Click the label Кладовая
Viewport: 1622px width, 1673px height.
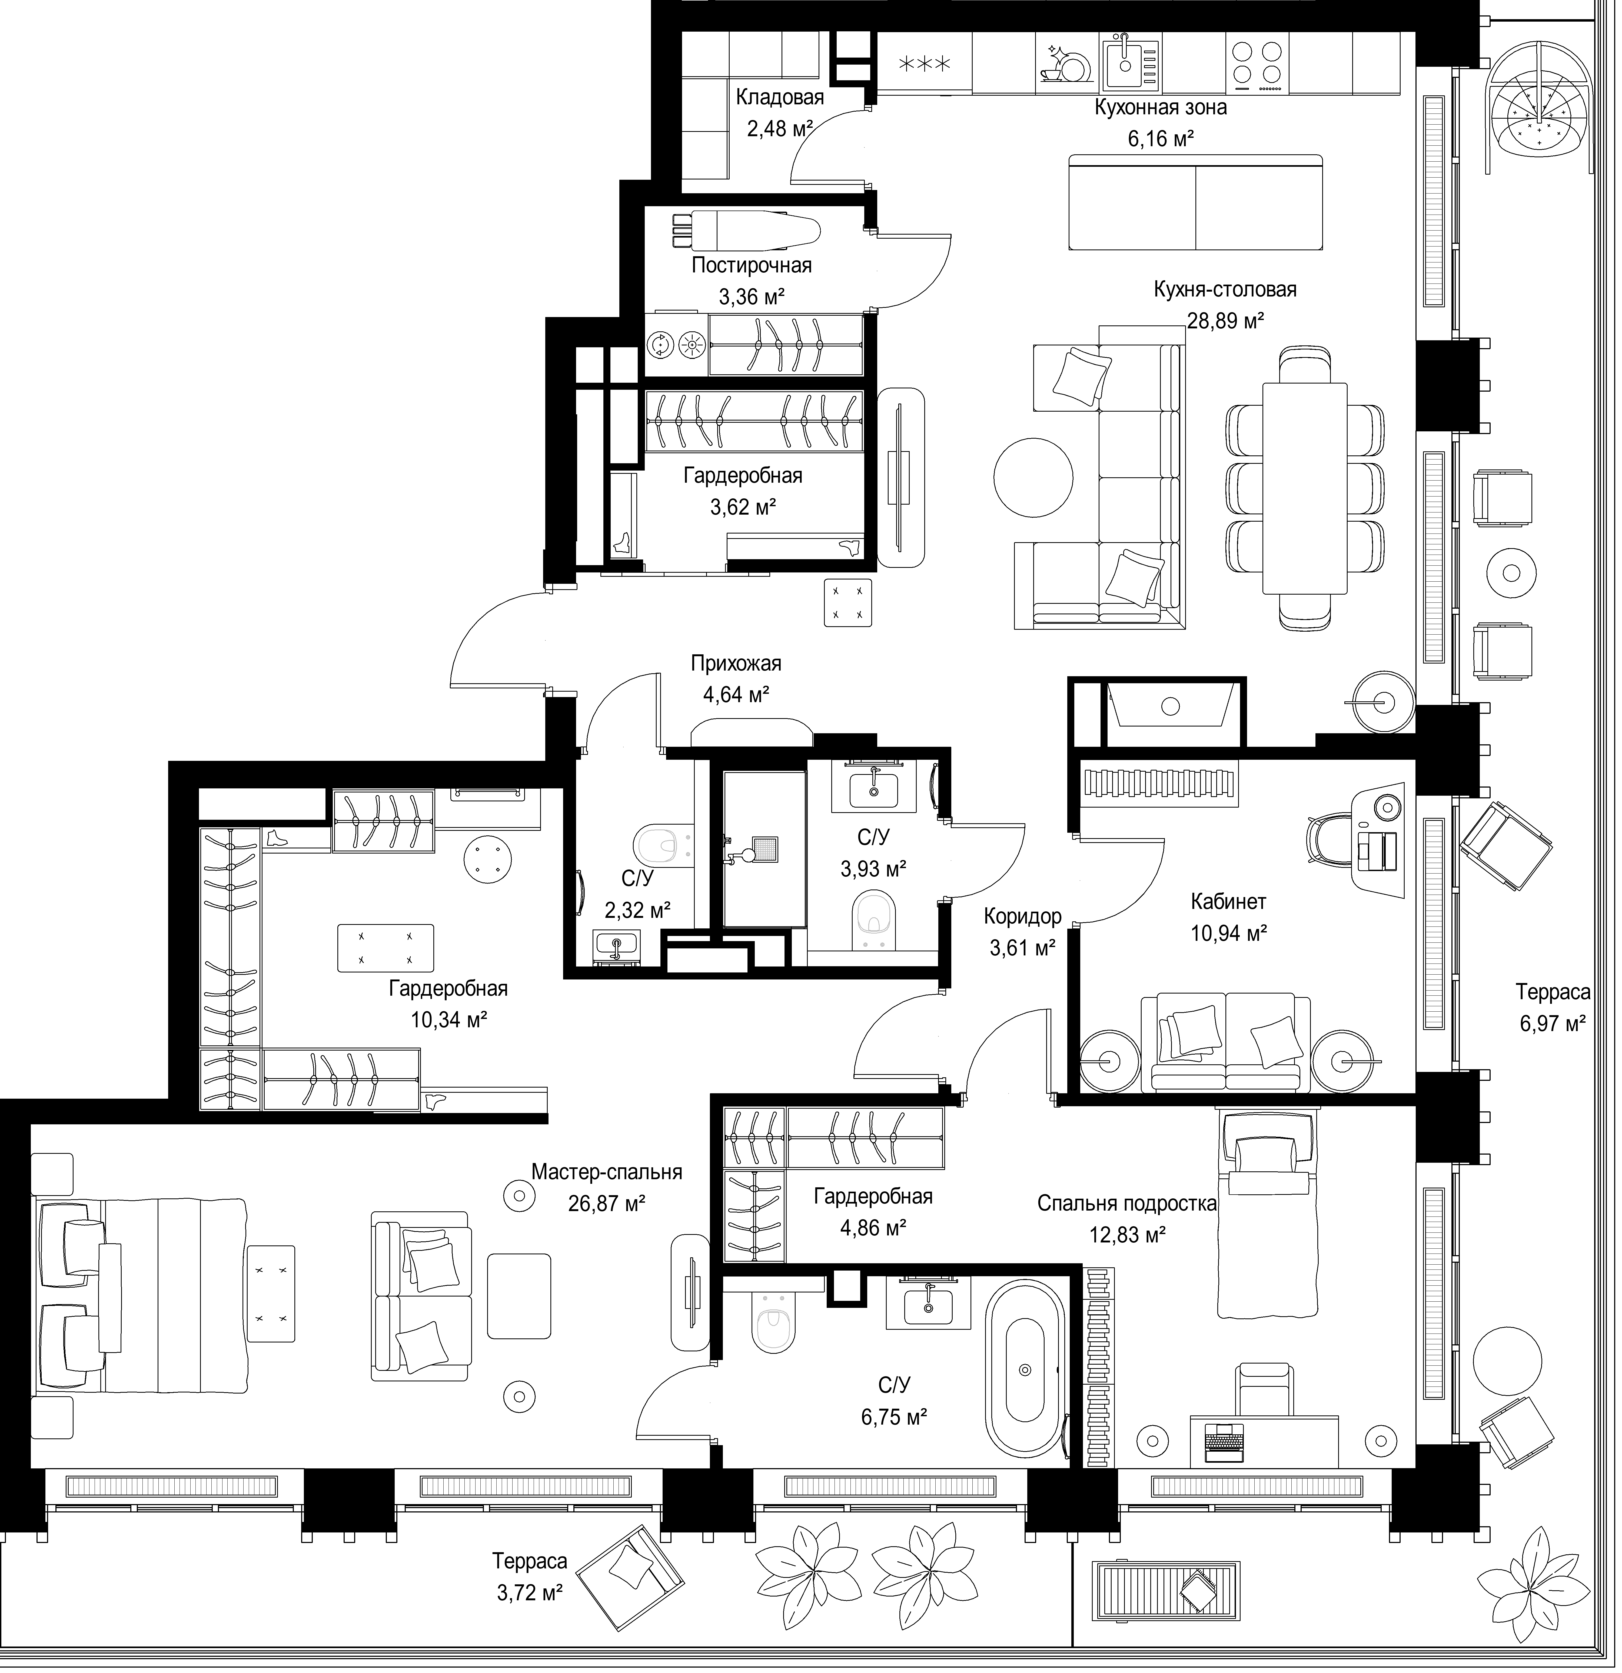coord(779,97)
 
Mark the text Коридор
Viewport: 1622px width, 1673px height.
coord(1023,917)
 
